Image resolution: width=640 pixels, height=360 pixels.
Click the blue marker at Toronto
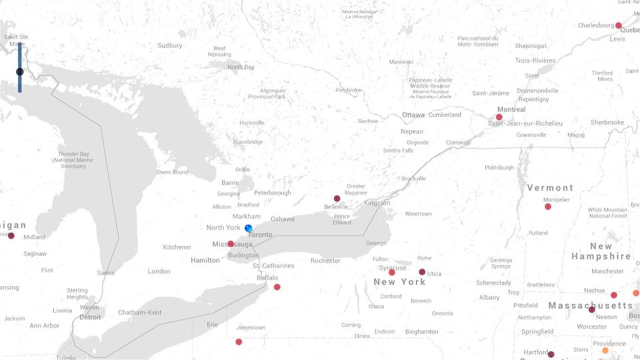pos(249,228)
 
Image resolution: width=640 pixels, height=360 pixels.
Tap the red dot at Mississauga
pos(231,244)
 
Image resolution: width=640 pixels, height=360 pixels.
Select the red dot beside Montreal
pos(499,117)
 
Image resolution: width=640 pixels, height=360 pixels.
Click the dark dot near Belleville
pos(337,198)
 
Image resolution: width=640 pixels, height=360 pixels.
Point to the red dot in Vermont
pos(548,206)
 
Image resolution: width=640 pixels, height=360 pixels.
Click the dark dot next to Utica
pos(422,272)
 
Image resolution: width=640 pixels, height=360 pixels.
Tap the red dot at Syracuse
pos(392,272)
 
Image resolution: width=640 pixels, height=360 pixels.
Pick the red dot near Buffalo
pos(277,287)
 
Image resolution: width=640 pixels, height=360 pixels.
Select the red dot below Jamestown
pos(239,342)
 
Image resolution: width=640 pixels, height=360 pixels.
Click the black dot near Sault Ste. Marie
pos(19,72)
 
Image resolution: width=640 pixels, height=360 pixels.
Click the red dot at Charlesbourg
pos(618,26)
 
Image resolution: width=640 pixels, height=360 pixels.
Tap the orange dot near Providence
pos(605,351)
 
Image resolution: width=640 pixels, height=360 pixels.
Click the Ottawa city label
pos(413,115)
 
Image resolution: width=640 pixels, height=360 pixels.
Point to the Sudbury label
pos(169,46)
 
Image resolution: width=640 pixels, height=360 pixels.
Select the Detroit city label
pos(90,317)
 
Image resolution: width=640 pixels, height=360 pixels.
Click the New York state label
pos(399,282)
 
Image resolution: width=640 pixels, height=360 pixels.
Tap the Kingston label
pos(377,203)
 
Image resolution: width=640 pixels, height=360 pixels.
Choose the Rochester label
pos(325,261)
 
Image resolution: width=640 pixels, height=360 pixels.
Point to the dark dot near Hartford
pos(551,354)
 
